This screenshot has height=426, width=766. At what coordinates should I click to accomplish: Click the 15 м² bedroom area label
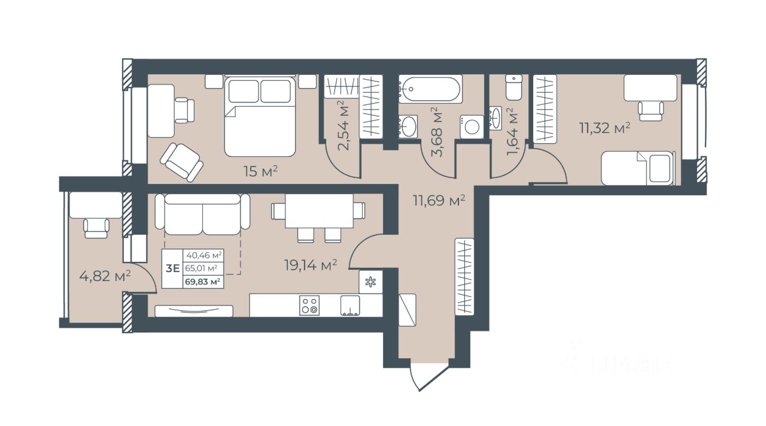click(260, 171)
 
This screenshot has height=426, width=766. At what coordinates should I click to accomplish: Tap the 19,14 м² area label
click(311, 265)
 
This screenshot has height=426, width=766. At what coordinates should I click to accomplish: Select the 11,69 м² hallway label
click(439, 200)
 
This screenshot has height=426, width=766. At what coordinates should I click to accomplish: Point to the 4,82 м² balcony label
click(105, 276)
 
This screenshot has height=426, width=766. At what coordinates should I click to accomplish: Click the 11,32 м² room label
click(604, 128)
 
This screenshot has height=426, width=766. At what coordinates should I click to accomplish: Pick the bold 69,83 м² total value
click(202, 282)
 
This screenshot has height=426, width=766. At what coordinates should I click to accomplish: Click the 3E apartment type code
click(173, 268)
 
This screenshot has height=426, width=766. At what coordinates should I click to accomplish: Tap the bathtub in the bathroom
click(430, 89)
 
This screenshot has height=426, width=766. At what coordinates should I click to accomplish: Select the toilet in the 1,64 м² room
click(513, 87)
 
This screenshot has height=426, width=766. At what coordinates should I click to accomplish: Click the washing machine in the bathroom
click(472, 126)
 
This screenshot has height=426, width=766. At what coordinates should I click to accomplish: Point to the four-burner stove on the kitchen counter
click(309, 305)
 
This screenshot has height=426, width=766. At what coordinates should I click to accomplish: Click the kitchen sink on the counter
click(350, 305)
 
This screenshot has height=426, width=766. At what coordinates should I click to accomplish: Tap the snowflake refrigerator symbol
click(370, 282)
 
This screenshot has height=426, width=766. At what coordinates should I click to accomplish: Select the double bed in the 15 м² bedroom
click(260, 116)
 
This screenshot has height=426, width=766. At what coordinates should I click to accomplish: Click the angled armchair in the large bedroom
click(181, 162)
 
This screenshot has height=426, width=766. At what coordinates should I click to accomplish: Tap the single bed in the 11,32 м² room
click(639, 168)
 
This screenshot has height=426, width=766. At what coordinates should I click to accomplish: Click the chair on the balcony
click(96, 228)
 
